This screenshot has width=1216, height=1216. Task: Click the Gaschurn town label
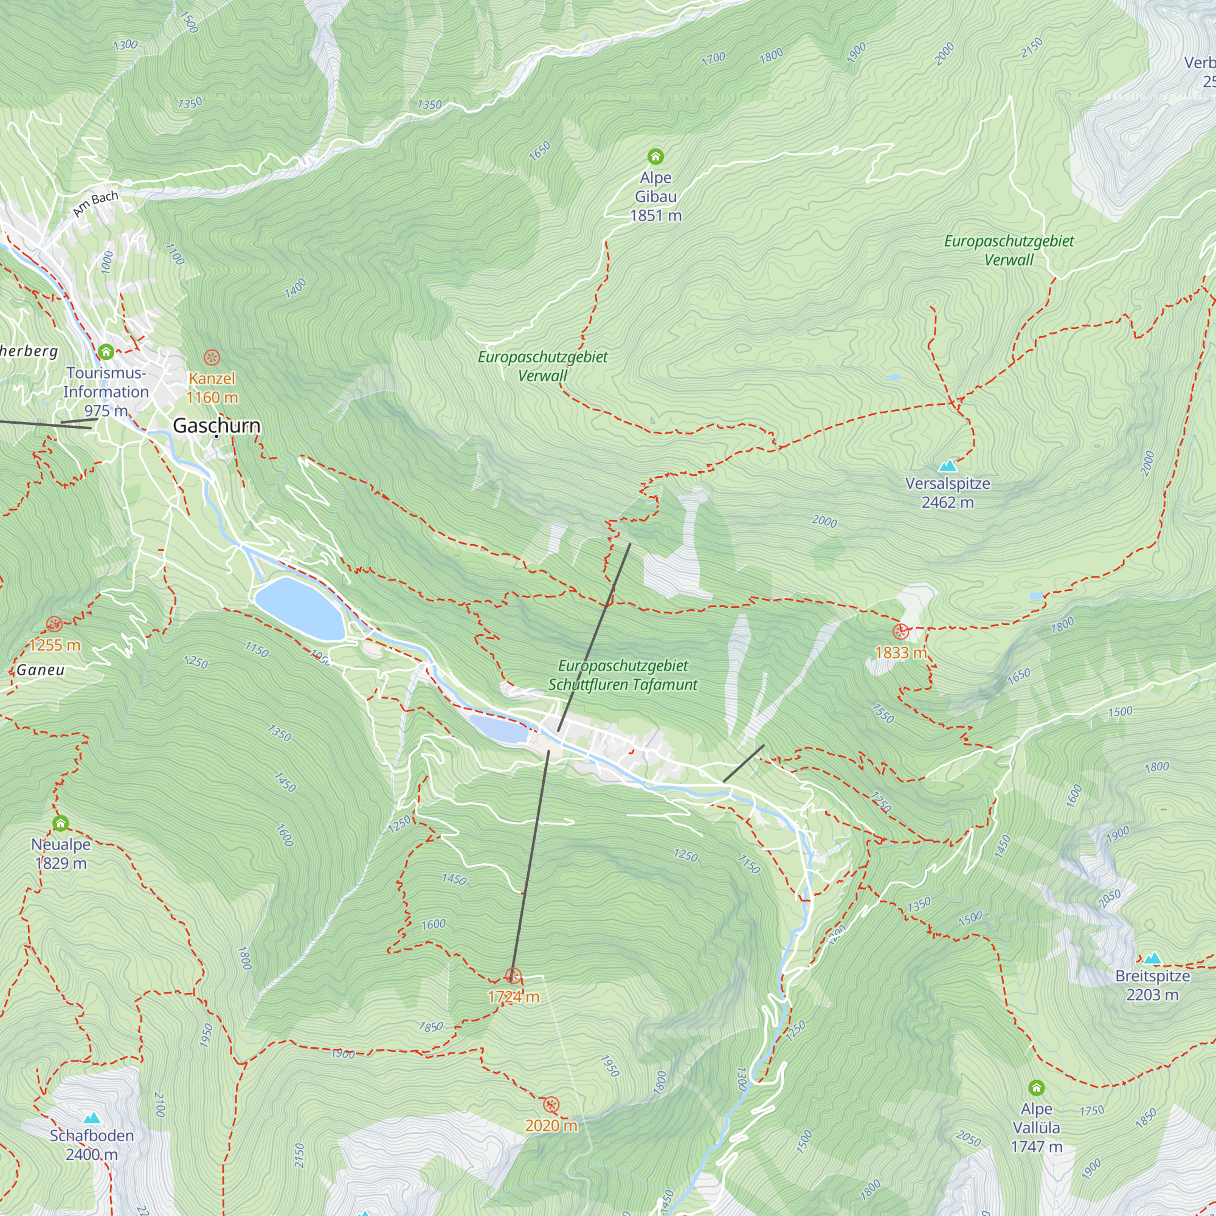click(x=216, y=426)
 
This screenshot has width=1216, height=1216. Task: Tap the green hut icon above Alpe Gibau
click(x=655, y=156)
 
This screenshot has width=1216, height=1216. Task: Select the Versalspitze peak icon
click(x=947, y=466)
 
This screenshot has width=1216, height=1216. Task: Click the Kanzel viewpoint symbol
click(x=212, y=358)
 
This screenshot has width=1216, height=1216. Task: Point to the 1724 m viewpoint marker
click(x=513, y=976)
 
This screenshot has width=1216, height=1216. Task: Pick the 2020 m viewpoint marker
click(x=551, y=1105)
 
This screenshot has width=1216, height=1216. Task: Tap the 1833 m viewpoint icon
click(x=900, y=630)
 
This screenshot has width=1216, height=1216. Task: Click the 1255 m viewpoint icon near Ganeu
click(x=55, y=624)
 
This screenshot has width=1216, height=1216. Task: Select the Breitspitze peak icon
click(x=1152, y=958)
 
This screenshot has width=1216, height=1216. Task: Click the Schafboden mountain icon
click(x=92, y=1118)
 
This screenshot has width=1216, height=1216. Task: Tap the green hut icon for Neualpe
click(x=60, y=823)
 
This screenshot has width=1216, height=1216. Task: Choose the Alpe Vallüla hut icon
click(x=1036, y=1088)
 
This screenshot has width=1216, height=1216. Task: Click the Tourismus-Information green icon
click(x=106, y=351)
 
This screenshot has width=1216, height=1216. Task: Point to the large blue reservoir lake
click(x=300, y=608)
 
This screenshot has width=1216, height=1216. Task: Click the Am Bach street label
click(x=95, y=203)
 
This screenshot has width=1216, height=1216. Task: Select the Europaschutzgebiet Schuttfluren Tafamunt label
click(x=623, y=675)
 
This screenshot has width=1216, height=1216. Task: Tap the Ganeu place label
click(x=41, y=669)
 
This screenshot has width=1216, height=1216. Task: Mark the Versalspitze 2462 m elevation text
click(x=947, y=502)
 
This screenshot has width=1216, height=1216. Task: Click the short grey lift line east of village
click(x=744, y=764)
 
